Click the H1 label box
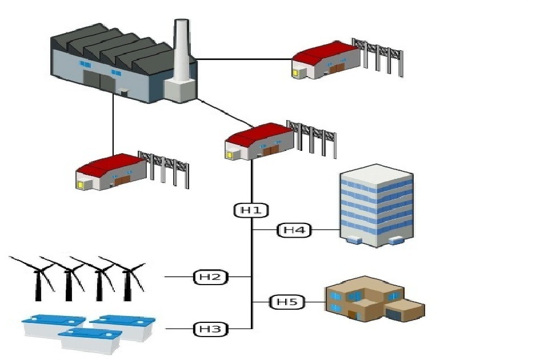(251, 210)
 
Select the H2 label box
(210, 277)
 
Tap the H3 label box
(210, 329)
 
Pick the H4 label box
(294, 230)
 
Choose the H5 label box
(287, 301)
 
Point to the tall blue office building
(377, 206)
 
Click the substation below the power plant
(111, 171)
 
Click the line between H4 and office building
(326, 230)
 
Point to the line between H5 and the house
(315, 301)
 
